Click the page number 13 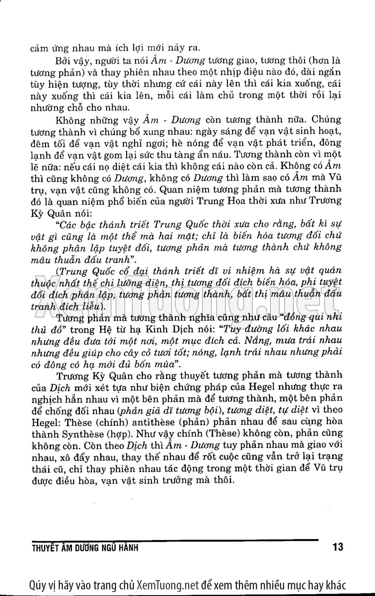click(x=338, y=548)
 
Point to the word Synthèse click(x=78, y=433)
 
